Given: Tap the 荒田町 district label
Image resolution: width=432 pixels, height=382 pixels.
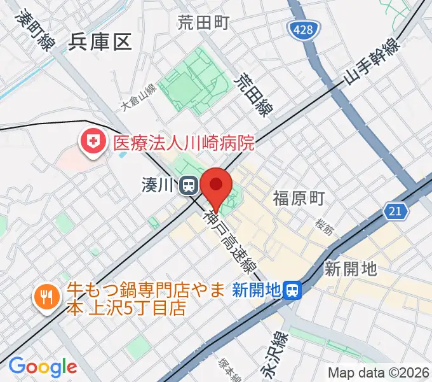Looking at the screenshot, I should click(203, 23).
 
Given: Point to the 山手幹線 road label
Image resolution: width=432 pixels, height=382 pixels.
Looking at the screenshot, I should click(372, 62).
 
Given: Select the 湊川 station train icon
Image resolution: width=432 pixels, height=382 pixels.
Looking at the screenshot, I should click(188, 185).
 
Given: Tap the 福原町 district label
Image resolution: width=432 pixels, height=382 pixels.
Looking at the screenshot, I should click(299, 198).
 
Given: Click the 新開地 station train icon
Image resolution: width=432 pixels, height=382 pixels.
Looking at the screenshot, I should click(292, 290).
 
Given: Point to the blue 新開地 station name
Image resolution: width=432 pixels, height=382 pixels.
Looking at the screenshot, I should click(257, 290).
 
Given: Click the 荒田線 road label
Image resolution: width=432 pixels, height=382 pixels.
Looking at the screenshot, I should click(252, 95).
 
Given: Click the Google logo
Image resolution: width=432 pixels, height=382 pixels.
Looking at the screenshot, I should click(43, 367).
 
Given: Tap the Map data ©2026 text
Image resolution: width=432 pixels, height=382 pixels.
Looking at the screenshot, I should click(378, 372).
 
